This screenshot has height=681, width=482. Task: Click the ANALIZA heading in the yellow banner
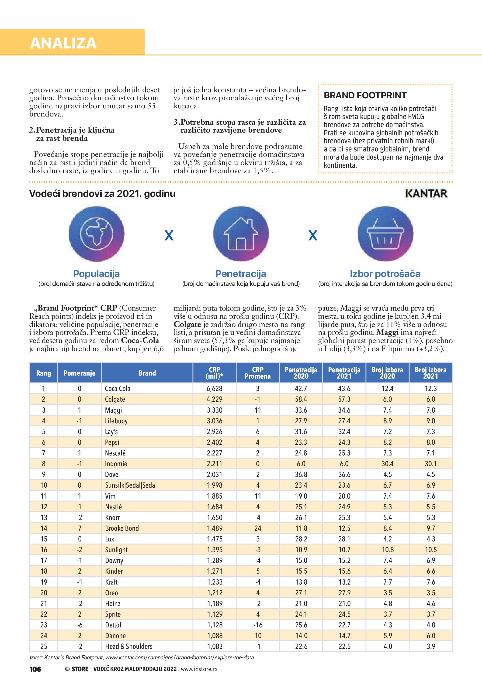63,43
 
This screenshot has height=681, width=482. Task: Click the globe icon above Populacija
97,234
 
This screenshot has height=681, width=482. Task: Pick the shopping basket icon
385,234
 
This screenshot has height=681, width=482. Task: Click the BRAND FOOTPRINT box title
365,96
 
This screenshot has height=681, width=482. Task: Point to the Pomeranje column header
80,373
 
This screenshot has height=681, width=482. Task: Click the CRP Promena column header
257,373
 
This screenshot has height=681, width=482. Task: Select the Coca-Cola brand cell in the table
118,389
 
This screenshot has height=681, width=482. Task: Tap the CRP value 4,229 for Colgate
214,399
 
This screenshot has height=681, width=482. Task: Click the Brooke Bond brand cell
122,528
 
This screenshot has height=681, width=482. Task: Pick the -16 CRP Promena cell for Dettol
258,625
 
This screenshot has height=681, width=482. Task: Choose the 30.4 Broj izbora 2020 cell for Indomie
387,464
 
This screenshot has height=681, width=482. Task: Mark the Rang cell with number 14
44,528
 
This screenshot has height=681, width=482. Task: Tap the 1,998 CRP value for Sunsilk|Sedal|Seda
214,485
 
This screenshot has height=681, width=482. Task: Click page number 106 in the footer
35,669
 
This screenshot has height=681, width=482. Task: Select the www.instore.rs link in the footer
199,669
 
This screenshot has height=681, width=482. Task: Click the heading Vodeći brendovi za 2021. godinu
102,194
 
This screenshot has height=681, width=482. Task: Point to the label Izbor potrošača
385,274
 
